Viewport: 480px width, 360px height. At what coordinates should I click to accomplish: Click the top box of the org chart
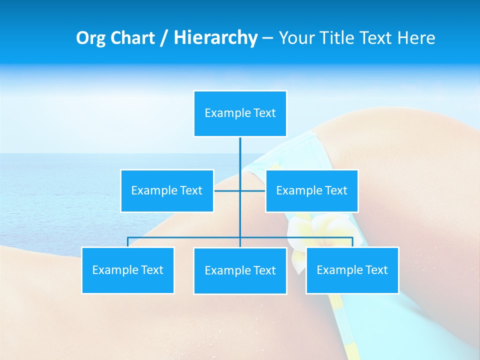point(240,113)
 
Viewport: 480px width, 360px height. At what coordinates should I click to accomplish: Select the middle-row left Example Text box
point(167,190)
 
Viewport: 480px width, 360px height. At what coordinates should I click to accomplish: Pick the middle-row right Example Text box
point(311,190)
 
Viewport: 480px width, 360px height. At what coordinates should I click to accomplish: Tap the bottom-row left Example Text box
point(127,270)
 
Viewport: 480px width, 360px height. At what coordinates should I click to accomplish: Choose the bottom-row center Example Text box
point(240,270)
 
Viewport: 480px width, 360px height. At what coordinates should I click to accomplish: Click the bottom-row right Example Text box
point(352,270)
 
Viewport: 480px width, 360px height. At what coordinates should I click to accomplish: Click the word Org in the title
point(90,38)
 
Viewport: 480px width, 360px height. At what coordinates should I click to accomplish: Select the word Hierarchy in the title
point(215,38)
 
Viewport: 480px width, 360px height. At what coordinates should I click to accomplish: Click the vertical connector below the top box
point(240,155)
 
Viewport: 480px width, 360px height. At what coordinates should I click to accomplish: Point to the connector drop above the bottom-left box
point(128,242)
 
